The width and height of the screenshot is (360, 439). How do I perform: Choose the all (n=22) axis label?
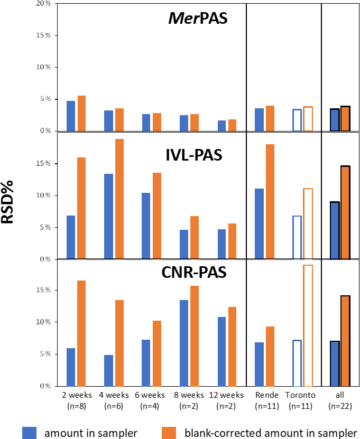340,400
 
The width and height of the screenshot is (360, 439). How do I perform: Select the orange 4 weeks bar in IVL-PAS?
119,199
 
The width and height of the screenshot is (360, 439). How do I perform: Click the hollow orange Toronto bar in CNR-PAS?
308,325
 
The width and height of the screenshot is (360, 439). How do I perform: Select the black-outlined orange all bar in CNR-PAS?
345,341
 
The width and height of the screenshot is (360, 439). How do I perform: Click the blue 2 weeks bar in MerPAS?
70,116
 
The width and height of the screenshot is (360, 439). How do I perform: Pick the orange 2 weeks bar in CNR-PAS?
81,333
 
